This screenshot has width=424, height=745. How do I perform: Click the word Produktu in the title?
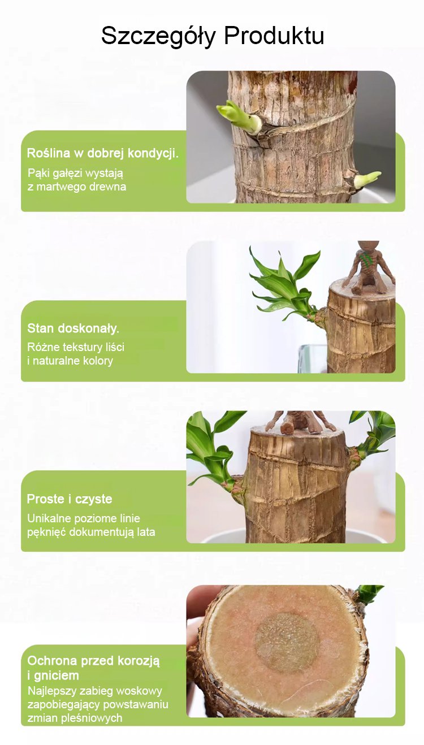(x=274, y=35)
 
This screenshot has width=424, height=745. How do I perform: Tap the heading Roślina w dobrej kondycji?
(x=103, y=153)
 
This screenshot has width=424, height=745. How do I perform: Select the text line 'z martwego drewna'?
(x=77, y=187)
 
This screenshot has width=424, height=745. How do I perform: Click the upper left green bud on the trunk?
(x=240, y=118)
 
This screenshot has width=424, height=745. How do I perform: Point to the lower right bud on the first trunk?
(x=366, y=180)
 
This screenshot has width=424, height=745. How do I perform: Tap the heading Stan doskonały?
(x=73, y=328)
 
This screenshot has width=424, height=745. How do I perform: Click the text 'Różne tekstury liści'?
(x=76, y=347)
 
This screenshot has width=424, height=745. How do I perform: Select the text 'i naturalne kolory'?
(x=70, y=361)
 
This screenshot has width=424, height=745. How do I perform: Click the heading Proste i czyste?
(x=70, y=499)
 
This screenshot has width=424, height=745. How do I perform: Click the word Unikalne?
(x=49, y=518)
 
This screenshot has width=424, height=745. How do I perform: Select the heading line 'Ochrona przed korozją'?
(x=93, y=661)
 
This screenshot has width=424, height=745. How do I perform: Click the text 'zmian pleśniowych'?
(x=75, y=718)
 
